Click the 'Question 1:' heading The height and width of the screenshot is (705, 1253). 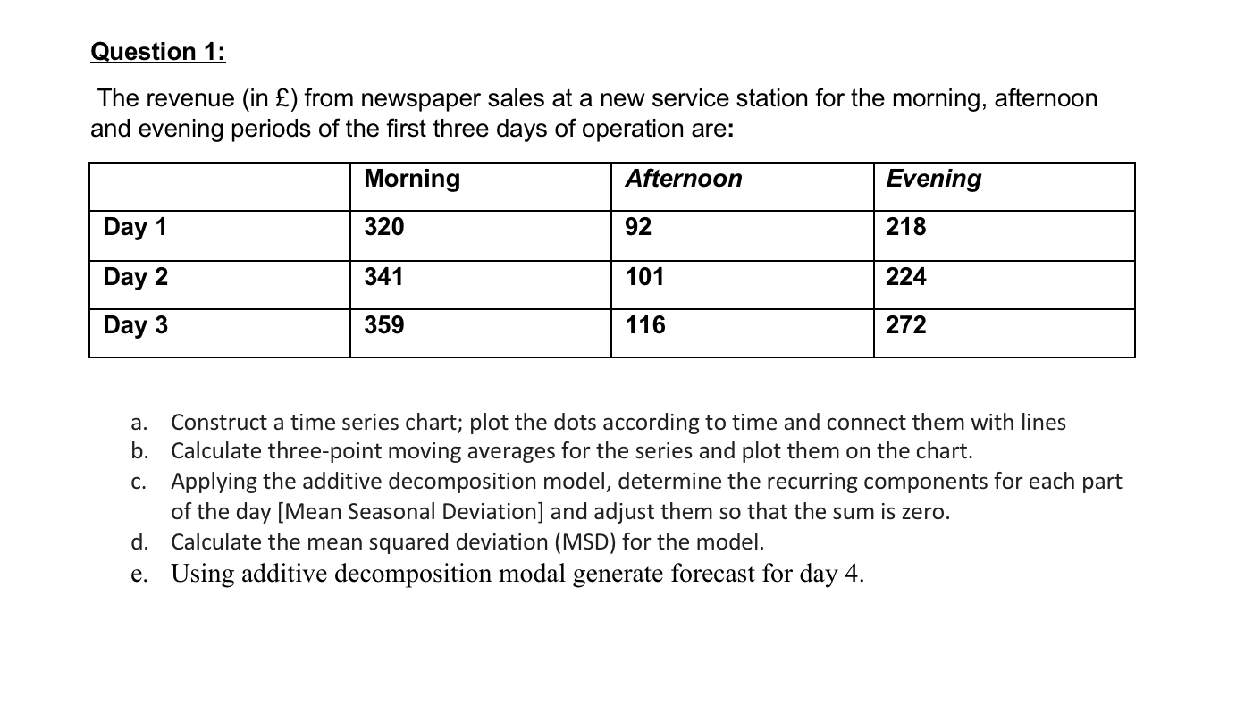pyautogui.click(x=158, y=52)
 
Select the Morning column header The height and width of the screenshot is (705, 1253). pyautogui.click(x=412, y=179)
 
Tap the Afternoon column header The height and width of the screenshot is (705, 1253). pyautogui.click(x=683, y=179)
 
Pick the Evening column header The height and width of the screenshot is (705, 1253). pyautogui.click(x=933, y=179)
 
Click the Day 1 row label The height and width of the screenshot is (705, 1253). pyautogui.click(x=135, y=227)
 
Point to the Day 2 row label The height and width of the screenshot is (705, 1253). pyautogui.click(x=135, y=277)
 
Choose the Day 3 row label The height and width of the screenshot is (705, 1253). pyautogui.click(x=135, y=325)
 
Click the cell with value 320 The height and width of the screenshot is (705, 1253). pyautogui.click(x=384, y=227)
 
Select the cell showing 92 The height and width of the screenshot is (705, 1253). pyautogui.click(x=638, y=227)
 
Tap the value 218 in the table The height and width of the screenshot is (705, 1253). pyautogui.click(x=906, y=227)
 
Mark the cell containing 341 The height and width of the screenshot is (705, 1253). pyautogui.click(x=384, y=277)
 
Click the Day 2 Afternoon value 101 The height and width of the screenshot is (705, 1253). pyautogui.click(x=644, y=277)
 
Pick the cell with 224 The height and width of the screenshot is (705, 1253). pyautogui.click(x=906, y=277)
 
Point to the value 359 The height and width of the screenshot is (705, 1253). pyautogui.click(x=384, y=325)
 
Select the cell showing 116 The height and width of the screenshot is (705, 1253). pyautogui.click(x=644, y=325)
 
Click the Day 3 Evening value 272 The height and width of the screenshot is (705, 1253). pyautogui.click(x=906, y=325)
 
